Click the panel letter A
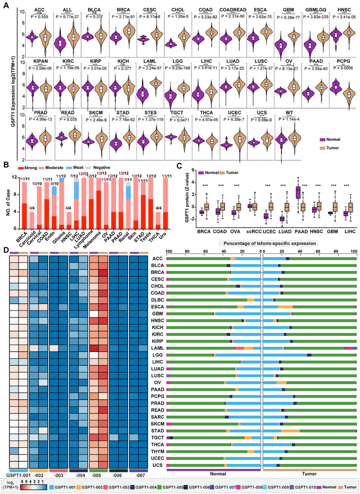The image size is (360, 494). pos(4,4)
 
